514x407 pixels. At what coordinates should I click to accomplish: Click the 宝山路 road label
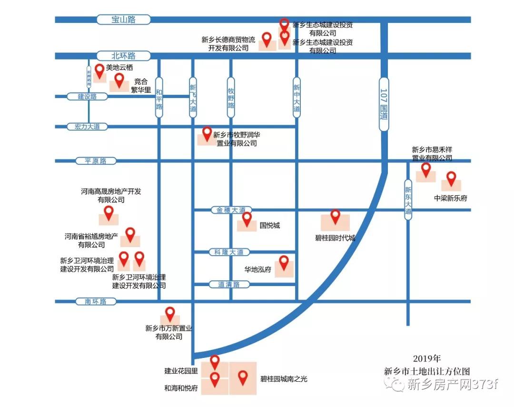[x=123, y=20]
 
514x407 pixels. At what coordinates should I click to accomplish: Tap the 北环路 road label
[x=123, y=56]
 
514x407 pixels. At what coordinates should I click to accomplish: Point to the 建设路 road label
[x=87, y=97]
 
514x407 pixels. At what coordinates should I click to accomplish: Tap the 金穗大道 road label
[x=231, y=210]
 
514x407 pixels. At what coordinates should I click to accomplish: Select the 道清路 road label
[x=229, y=285]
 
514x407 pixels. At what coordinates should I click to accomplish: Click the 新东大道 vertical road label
[x=408, y=199]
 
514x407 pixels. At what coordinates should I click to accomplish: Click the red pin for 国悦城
[x=247, y=219]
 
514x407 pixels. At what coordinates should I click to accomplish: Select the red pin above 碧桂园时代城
[x=336, y=216]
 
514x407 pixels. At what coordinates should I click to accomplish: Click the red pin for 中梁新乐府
[x=451, y=179]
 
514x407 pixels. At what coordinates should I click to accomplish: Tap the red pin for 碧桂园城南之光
[x=243, y=377]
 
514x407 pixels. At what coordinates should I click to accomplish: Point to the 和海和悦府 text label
[x=181, y=388]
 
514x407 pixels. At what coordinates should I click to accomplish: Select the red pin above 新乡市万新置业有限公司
[x=169, y=314]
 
